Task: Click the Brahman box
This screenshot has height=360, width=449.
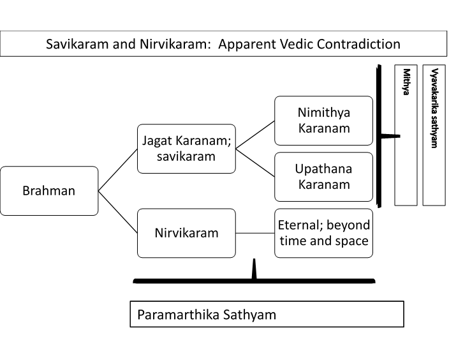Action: click(49, 190)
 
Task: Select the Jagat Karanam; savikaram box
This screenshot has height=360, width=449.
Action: click(186, 149)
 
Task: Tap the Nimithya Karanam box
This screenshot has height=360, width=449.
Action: click(323, 121)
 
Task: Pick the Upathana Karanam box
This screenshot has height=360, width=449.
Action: click(323, 177)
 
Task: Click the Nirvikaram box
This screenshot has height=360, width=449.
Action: click(186, 233)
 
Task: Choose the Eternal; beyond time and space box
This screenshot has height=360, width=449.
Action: click(323, 233)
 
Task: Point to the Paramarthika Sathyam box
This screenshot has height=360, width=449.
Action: click(267, 315)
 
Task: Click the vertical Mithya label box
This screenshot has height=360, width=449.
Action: click(406, 135)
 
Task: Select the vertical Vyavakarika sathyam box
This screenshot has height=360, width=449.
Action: click(434, 135)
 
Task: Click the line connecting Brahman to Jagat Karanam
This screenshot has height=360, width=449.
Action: click(118, 169)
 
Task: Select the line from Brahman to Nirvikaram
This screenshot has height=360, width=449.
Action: click(118, 211)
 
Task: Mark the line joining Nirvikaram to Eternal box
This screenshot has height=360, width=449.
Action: click(255, 233)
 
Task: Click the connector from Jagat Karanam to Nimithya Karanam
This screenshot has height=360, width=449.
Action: click(255, 135)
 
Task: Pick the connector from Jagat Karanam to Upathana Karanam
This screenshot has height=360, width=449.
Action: click(255, 163)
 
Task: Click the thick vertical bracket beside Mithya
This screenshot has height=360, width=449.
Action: click(379, 136)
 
